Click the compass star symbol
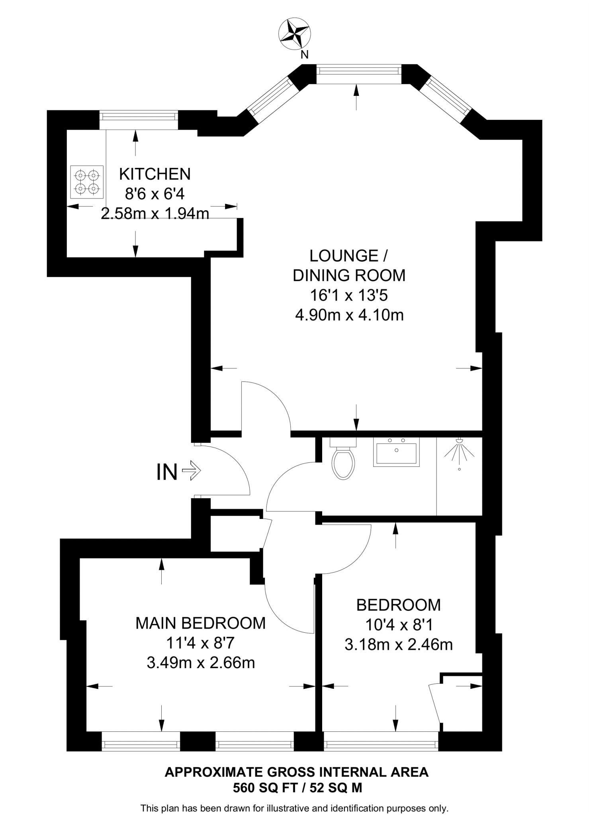coord(294,35)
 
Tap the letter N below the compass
coord(304,55)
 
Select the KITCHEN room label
coord(155,174)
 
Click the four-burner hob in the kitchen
coord(87,182)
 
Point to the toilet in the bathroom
coord(344,461)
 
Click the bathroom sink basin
coord(396,452)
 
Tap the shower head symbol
coord(460,450)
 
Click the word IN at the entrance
coord(166,473)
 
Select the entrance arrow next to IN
coord(192,471)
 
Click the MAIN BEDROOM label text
coord(200,623)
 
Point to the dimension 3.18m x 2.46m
coord(398,645)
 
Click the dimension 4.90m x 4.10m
coord(349,315)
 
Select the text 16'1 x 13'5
coord(349,295)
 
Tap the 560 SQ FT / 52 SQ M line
coord(297,788)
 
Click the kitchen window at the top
coord(139,116)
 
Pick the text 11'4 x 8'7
coord(200,643)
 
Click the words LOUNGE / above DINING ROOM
coord(349,256)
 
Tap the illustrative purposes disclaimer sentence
coord(294,808)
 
